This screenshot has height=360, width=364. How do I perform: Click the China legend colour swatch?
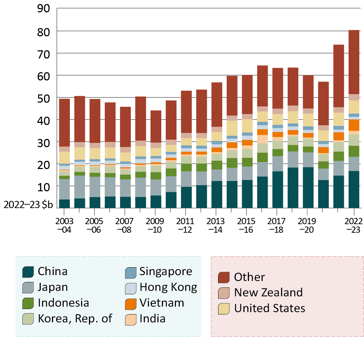[x=27, y=272]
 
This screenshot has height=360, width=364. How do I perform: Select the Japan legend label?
[x=53, y=287]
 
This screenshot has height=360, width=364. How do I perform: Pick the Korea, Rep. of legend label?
[x=75, y=318]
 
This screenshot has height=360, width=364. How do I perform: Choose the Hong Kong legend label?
[x=168, y=287]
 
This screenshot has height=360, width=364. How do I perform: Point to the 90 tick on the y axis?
[x=44, y=9]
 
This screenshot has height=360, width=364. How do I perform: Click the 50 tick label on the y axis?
[x=44, y=98]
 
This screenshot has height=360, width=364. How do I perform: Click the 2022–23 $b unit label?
[x=28, y=204]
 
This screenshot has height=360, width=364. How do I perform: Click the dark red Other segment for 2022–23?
[x=354, y=62]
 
